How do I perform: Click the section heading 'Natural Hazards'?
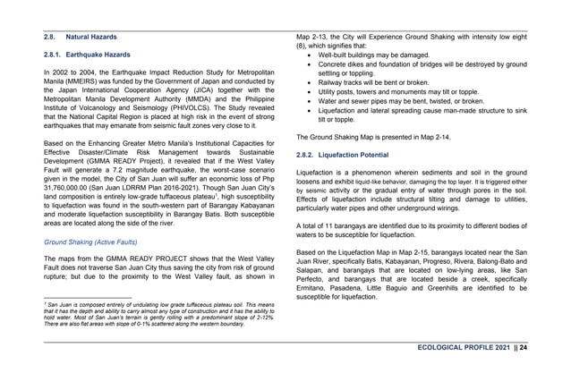click(x=94, y=38)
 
